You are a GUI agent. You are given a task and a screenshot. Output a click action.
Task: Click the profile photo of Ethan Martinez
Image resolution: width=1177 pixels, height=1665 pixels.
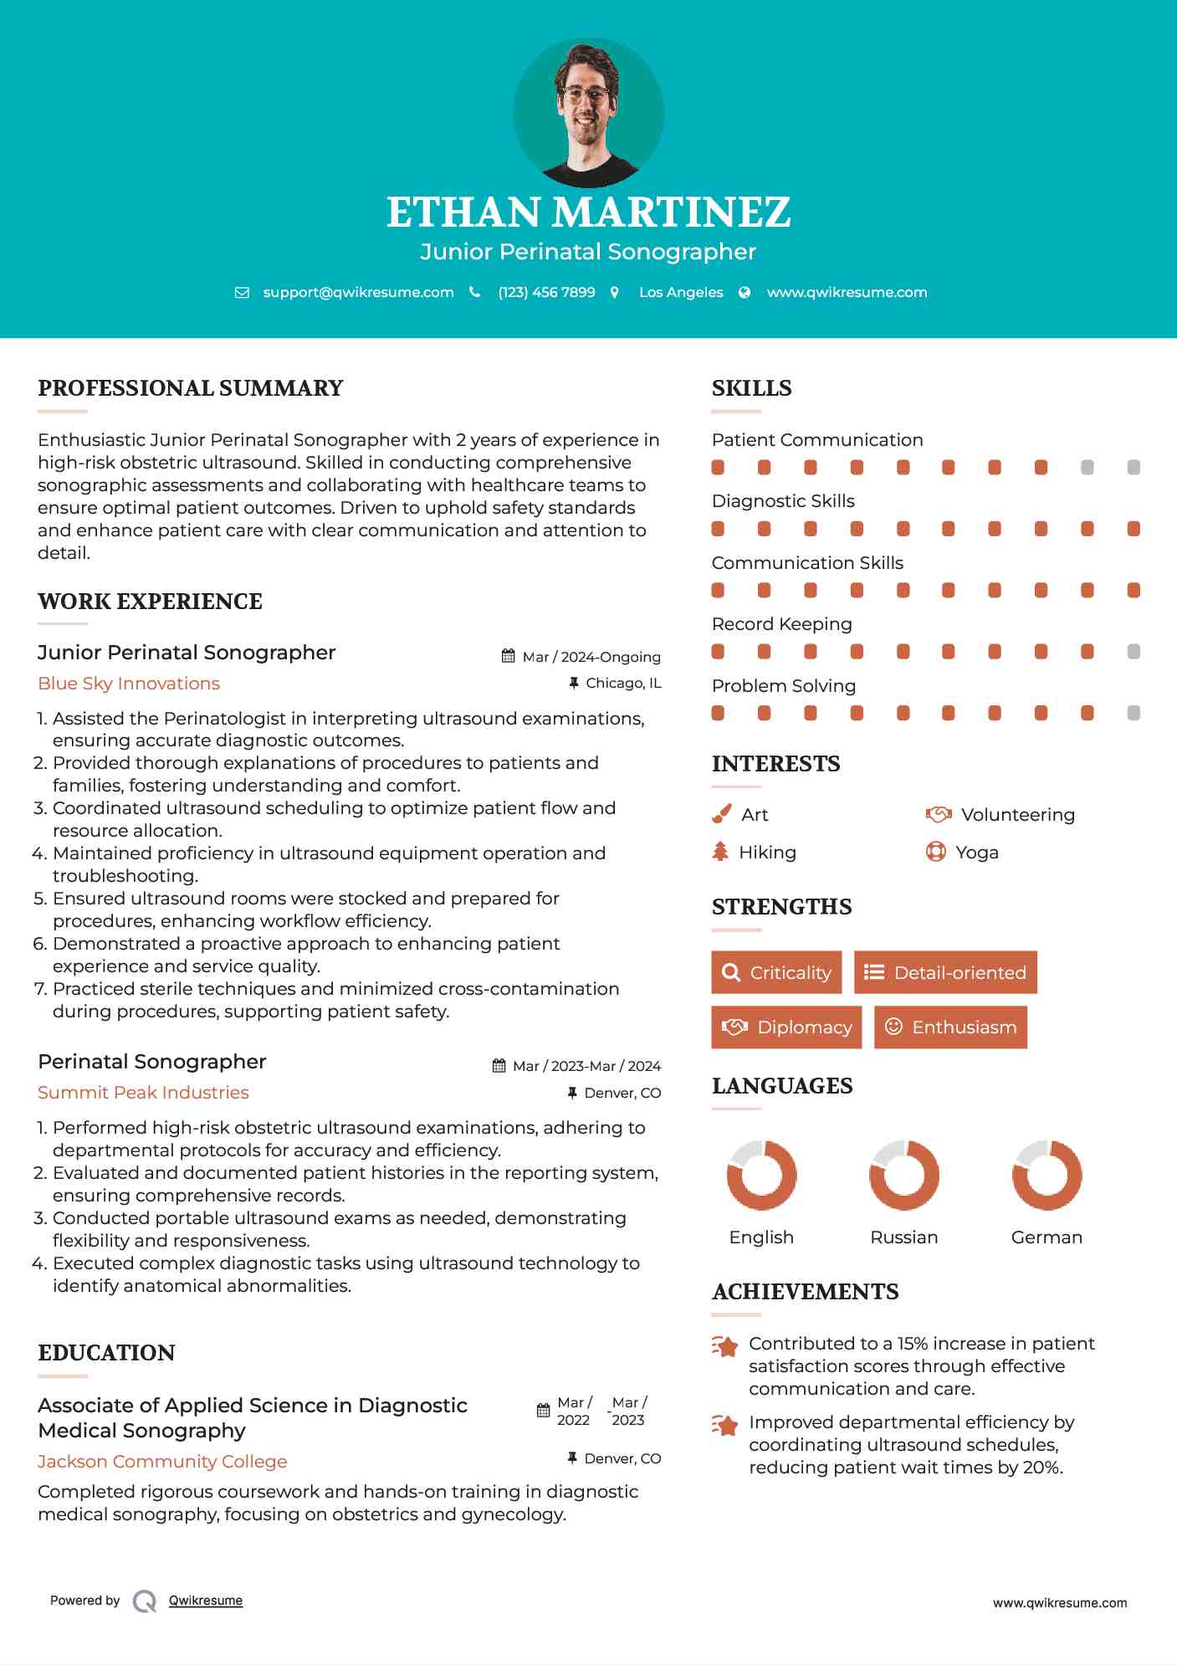pos(588,112)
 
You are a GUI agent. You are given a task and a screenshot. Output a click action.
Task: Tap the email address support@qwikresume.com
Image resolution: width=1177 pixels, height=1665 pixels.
pos(358,292)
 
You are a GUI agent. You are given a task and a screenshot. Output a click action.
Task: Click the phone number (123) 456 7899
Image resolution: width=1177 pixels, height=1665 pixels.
pos(546,292)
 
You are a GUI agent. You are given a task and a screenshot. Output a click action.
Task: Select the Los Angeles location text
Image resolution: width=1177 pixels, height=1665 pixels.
pos(681,292)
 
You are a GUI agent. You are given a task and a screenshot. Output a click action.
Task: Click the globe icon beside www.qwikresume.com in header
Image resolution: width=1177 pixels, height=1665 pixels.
pos(745,292)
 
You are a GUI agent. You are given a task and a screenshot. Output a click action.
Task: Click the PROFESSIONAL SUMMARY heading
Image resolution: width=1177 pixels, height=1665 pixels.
pos(191,388)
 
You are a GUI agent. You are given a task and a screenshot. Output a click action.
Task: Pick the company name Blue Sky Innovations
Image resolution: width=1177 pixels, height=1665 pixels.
pos(129,684)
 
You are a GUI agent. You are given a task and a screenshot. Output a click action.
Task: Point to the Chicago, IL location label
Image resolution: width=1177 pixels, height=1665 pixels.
pos(623,683)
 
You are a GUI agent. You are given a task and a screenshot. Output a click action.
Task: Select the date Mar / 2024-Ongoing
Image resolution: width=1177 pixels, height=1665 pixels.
pos(591,657)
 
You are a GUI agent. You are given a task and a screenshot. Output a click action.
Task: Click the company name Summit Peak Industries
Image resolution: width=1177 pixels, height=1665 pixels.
pos(143,1093)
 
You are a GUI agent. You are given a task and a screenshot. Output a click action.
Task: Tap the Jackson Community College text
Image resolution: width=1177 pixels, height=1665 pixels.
pos(162,1462)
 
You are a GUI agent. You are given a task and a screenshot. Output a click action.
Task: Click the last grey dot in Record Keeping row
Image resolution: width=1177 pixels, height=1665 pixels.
pos(1134,651)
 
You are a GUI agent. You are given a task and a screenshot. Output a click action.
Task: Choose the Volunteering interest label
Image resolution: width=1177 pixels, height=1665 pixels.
pos(1017,815)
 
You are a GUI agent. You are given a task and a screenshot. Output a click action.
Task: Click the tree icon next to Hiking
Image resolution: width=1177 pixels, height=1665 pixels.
pos(720,852)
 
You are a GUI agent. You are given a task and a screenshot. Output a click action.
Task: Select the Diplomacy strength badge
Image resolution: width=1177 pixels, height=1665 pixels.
pos(786,1027)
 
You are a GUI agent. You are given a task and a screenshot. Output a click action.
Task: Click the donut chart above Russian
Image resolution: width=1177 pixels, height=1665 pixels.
pos(904,1175)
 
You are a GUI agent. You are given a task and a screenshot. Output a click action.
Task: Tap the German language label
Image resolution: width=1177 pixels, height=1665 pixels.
pos(1047,1237)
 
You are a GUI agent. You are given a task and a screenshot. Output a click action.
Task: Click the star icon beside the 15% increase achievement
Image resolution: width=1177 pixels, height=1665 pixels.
pos(725,1346)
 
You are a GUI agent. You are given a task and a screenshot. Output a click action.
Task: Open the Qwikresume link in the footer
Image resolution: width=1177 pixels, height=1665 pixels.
pos(206,1601)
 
